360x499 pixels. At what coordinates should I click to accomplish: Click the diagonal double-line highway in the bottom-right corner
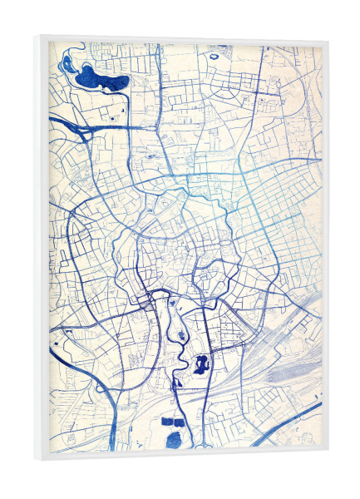(291, 420)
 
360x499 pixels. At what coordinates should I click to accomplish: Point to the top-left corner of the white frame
(37, 36)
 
